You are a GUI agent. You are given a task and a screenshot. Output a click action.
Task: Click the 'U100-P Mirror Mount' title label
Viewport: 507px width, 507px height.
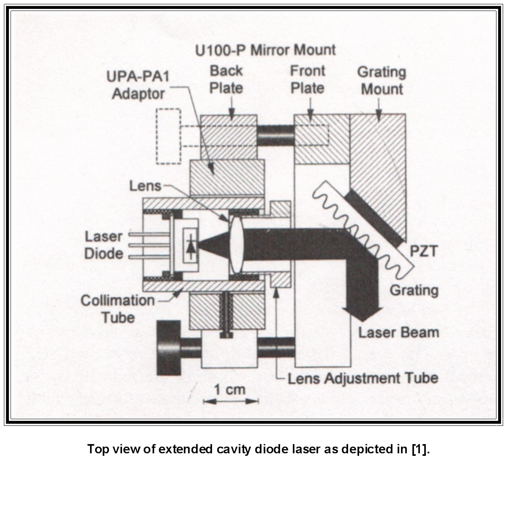265,50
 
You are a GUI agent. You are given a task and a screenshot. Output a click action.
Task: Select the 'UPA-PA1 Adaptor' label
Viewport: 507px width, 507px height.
138,85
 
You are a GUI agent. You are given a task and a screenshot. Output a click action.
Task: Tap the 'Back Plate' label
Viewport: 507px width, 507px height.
226,79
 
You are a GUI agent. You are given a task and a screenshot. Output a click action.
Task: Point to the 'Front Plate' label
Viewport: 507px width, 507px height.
307,79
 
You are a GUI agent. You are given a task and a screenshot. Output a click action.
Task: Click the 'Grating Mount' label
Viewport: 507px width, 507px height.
382,80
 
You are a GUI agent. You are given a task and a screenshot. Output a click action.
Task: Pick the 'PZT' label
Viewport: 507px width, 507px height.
423,251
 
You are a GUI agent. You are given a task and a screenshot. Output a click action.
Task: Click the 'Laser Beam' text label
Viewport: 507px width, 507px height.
398,332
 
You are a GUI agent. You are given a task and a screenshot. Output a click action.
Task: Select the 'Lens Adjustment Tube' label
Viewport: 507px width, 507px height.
363,378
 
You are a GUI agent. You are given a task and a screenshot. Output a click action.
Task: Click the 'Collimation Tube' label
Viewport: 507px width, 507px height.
118,309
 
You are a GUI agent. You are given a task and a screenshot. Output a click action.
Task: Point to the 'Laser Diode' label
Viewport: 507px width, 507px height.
104,245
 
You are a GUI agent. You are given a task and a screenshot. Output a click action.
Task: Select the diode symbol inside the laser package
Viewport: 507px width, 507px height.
191,245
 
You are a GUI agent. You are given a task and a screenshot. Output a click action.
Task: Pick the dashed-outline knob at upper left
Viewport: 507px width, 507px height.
168,136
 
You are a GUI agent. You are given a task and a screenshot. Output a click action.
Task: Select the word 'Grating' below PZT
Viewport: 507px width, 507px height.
414,290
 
